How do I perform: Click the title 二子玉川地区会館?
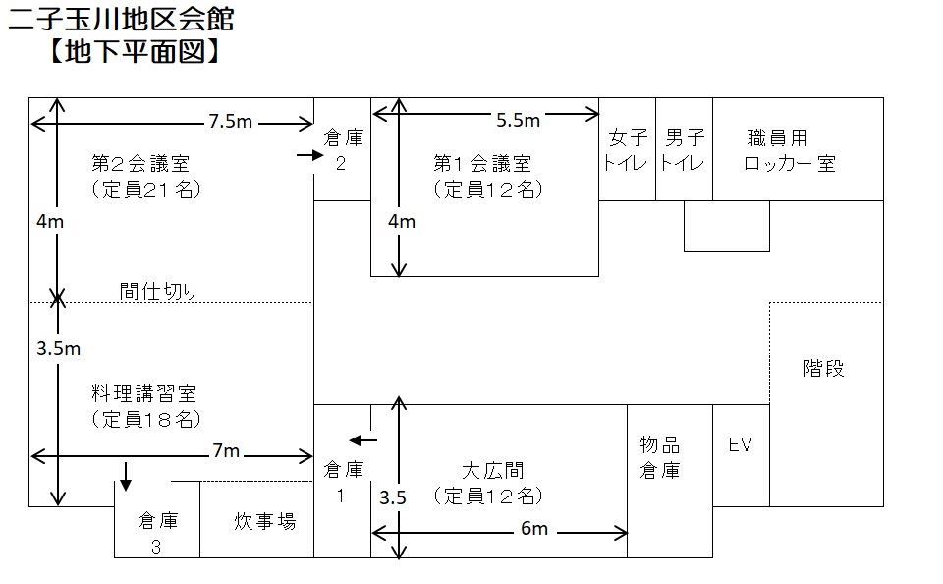121,20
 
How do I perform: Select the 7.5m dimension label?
230,122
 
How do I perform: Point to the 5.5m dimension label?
518,120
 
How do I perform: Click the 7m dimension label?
226,451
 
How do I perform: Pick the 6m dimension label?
534,529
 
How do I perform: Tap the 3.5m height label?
58,348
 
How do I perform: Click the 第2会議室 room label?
140,163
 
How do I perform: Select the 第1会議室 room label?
482,163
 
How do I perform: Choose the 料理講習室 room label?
143,393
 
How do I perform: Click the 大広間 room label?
492,470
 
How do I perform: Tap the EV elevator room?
741,455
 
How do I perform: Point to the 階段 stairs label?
823,368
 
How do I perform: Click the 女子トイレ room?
628,148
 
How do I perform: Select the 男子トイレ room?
685,148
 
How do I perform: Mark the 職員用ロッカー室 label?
790,150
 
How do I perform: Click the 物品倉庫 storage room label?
660,457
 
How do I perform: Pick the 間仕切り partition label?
157,291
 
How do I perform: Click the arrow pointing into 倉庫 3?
126,476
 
